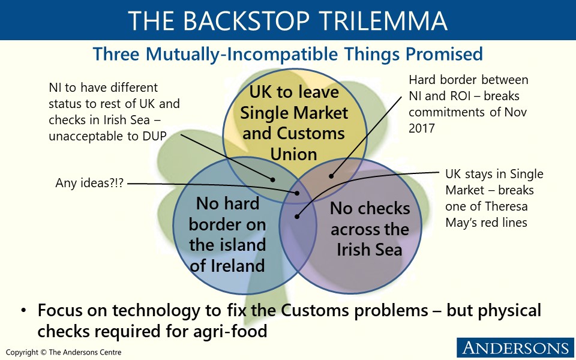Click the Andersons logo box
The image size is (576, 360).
[x=514, y=347]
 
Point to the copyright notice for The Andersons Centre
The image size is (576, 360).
[x=64, y=352]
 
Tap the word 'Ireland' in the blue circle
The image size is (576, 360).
[x=228, y=265]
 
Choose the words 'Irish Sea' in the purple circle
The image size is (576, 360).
[x=369, y=249]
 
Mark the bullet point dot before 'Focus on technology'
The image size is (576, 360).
[x=23, y=311]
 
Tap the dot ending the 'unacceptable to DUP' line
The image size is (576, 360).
[x=273, y=179]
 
